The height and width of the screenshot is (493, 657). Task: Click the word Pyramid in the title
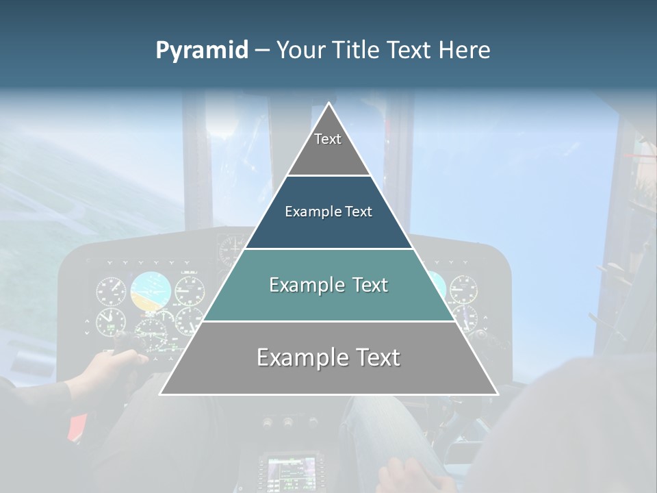pos(202,51)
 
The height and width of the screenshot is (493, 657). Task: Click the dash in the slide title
pos(262,51)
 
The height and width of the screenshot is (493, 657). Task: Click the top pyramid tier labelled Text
pos(328,147)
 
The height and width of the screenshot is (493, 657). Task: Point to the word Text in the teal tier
pos(367,285)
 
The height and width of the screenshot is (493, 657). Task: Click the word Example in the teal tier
pos(306,285)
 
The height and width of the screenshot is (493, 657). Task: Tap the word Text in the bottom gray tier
pos(375,357)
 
